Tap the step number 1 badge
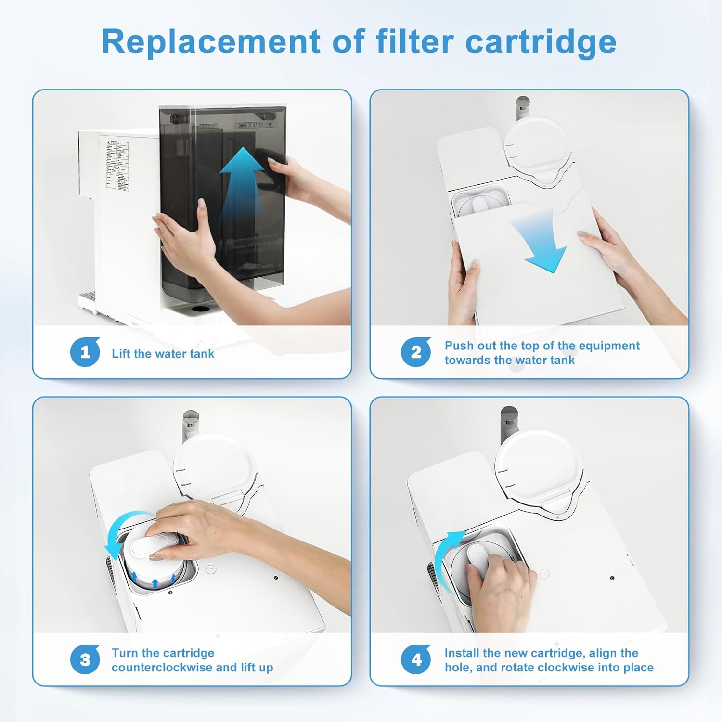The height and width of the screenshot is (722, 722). (85, 352)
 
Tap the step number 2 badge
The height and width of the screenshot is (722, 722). (416, 352)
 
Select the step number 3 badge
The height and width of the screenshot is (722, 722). (85, 659)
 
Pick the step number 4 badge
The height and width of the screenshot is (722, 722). (416, 659)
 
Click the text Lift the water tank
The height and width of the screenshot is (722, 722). (163, 354)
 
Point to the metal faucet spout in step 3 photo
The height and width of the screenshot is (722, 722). (190, 424)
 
